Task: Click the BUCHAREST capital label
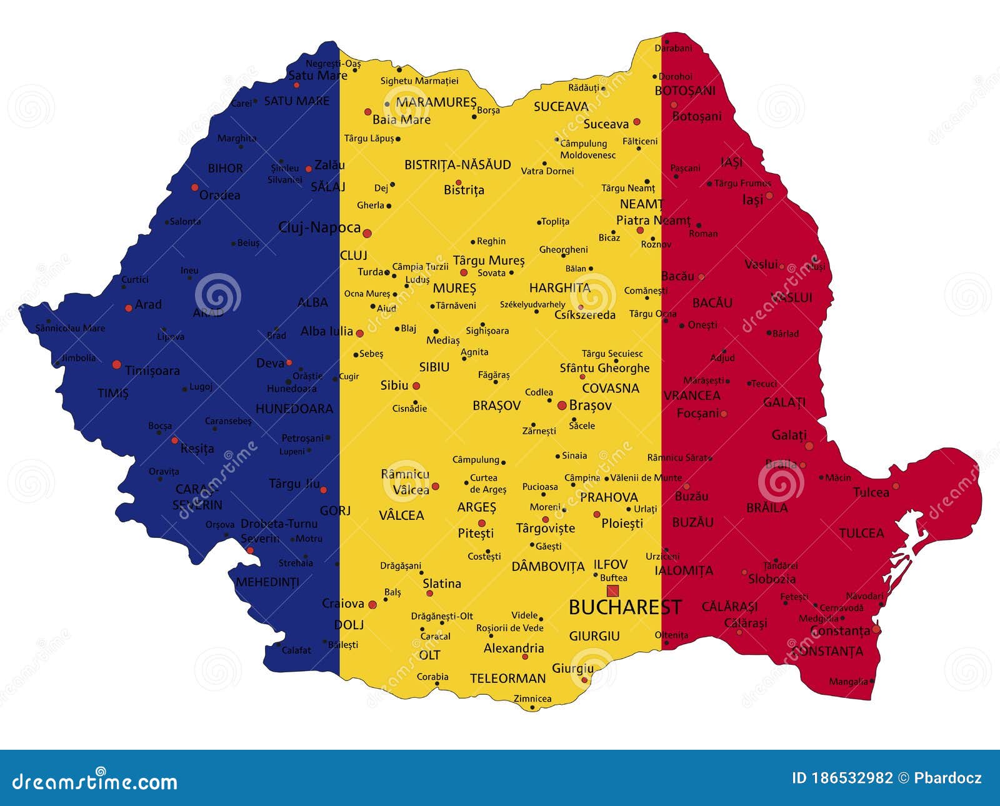pos(624,607)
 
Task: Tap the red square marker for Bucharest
pos(612,590)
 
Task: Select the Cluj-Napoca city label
pos(319,227)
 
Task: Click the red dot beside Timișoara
pos(116,364)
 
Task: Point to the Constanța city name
pos(840,631)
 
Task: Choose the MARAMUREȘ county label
pos(436,102)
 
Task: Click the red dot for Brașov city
pos(562,405)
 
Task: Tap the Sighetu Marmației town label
pos(419,81)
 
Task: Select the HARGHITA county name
pos(559,288)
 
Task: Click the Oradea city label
pos(219,195)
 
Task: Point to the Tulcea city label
pos(871,492)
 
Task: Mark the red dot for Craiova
pos(372,605)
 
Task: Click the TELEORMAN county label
pos(507,679)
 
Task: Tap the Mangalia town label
pos(848,682)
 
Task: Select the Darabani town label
pos(673,48)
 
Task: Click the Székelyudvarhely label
pos(532,305)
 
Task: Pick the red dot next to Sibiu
pos(416,386)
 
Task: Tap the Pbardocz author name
pos(947,778)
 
